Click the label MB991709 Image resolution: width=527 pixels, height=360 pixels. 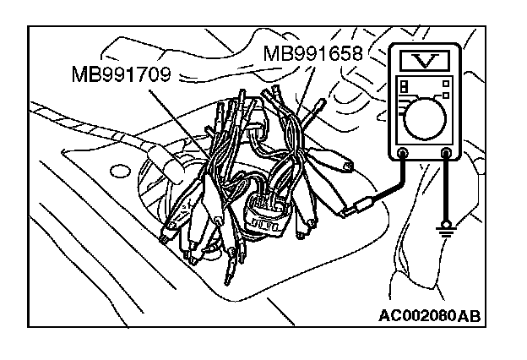coord(122,74)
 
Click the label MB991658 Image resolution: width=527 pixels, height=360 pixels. coord(313,54)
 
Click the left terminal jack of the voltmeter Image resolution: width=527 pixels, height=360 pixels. coord(402,154)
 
